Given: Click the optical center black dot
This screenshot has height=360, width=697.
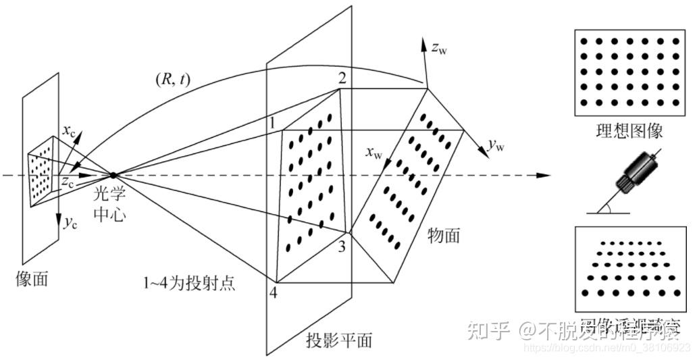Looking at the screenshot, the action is click(x=113, y=175).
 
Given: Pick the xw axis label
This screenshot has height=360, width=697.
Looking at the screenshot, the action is click(x=374, y=154).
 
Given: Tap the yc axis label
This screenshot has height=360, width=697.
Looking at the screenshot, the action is click(x=70, y=224).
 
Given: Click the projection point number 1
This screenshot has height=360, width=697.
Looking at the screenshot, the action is click(x=272, y=124).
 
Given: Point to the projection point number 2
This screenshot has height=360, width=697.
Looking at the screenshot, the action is click(x=342, y=78).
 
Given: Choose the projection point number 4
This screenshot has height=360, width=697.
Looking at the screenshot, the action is click(x=273, y=294).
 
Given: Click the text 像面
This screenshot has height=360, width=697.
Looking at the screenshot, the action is click(x=32, y=278).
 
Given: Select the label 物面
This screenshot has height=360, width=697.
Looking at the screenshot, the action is click(x=444, y=235).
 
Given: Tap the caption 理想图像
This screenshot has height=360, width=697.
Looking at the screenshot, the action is click(x=629, y=130).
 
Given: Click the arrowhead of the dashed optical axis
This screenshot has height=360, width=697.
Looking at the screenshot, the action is click(x=543, y=176).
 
